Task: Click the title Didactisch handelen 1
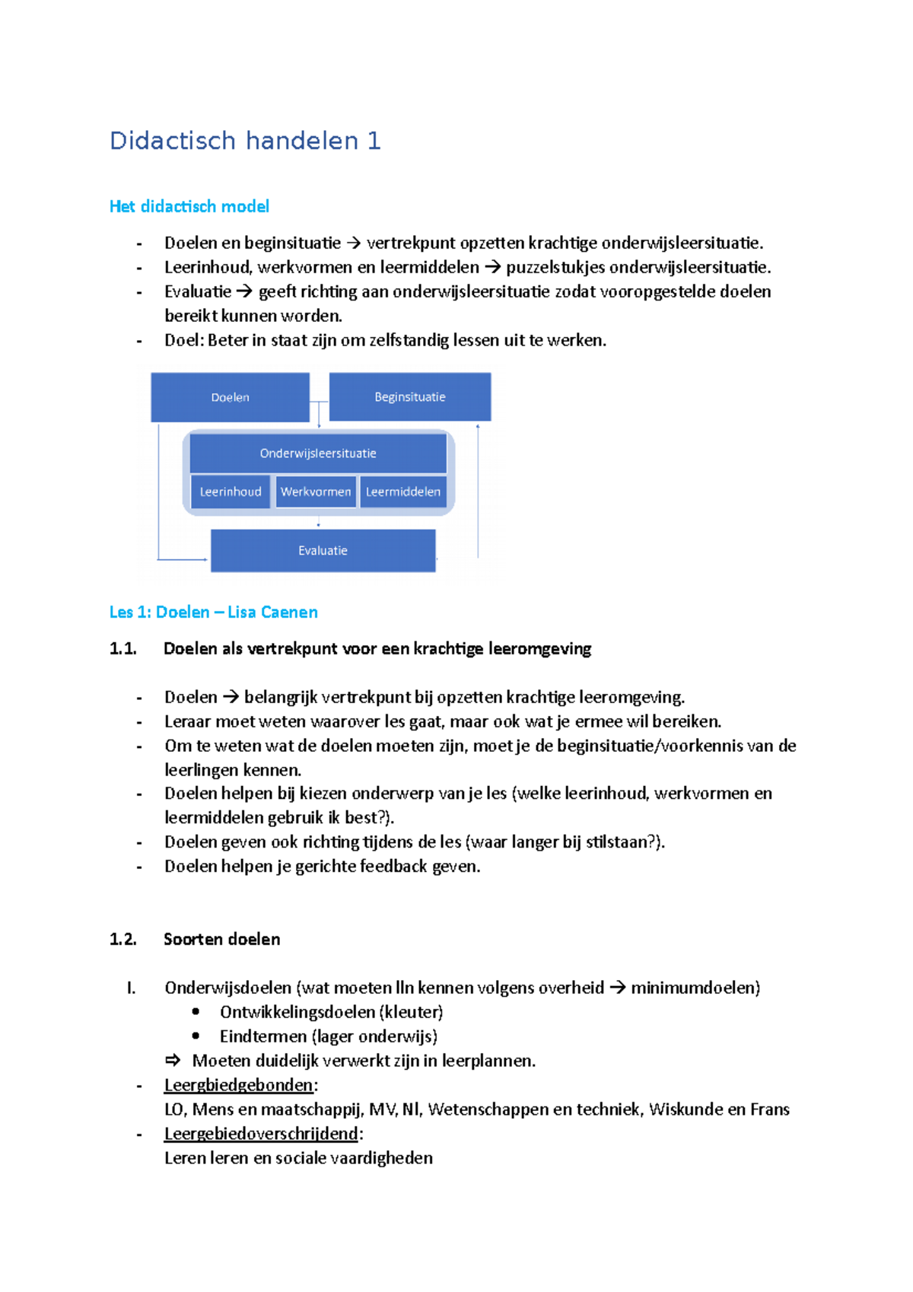(244, 141)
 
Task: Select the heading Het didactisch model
(189, 206)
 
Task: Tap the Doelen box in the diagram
(230, 397)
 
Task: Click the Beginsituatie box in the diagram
(409, 396)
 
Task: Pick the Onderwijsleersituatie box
(318, 453)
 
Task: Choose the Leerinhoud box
(231, 492)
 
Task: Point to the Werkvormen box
(316, 492)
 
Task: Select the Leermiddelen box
(402, 492)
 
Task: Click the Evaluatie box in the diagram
(323, 550)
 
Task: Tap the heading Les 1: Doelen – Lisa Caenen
(213, 612)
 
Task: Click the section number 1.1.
(122, 648)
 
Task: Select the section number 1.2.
(122, 939)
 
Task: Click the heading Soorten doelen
(221, 939)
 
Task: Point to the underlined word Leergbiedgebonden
(238, 1085)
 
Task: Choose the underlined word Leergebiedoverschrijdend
(261, 1134)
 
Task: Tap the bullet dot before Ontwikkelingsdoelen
(196, 1011)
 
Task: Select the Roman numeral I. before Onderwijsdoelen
(131, 988)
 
